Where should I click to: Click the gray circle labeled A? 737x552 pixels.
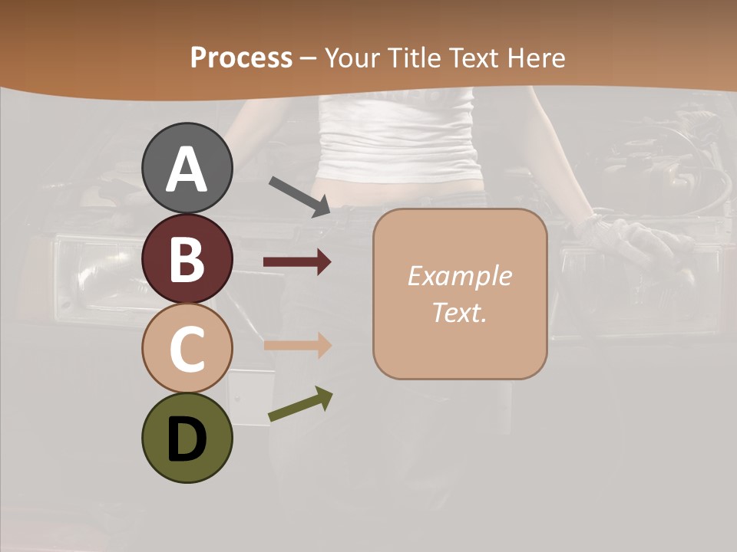(187, 168)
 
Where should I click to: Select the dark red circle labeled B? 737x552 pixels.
(187, 258)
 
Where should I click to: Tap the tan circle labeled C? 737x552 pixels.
(187, 348)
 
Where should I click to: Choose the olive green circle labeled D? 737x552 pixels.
(187, 438)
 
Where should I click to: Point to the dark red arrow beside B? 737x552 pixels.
(297, 262)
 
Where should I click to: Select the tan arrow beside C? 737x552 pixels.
(297, 345)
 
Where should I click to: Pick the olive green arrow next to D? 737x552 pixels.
(300, 404)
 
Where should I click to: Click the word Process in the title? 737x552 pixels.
(241, 58)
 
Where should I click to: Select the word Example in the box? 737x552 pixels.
(459, 276)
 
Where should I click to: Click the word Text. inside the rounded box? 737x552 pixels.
(459, 312)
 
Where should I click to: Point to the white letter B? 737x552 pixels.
(187, 259)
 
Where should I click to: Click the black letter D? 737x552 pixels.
(187, 439)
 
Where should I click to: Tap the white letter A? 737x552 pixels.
(187, 169)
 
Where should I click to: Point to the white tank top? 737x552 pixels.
(399, 138)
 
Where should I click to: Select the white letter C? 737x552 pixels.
(187, 349)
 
